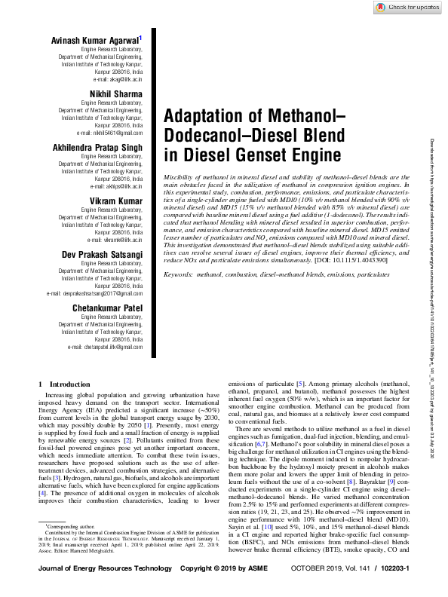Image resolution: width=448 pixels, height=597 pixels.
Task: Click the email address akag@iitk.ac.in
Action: coord(118,78)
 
